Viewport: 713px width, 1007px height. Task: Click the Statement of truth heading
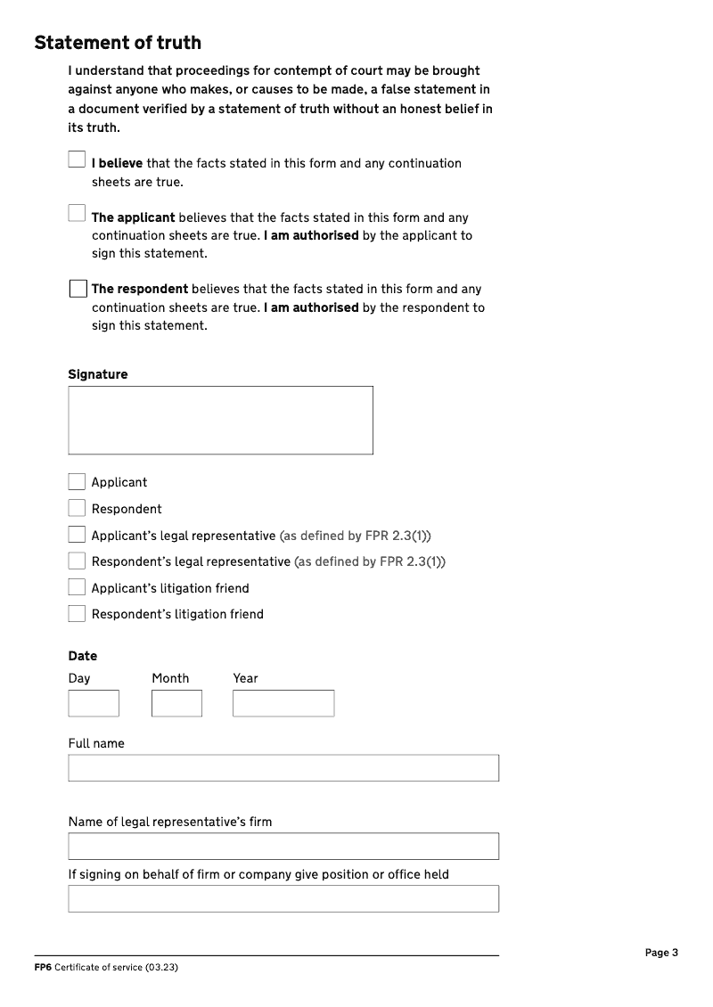[x=118, y=43]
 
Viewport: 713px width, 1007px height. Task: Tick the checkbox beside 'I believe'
[x=77, y=159]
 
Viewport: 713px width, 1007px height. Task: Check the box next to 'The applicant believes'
[x=77, y=213]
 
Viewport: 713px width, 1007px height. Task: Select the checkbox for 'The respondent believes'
[x=78, y=290]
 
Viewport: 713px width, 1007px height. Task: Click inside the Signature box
[x=220, y=420]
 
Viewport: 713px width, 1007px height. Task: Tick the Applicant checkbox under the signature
[x=77, y=482]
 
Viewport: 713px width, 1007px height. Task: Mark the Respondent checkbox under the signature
[x=77, y=508]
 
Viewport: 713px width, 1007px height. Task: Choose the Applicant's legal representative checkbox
[x=77, y=535]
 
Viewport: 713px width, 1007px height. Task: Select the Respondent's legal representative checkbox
[x=77, y=561]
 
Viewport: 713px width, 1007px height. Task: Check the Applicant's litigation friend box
[x=77, y=587]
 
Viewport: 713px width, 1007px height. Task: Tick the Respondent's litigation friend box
[x=77, y=614]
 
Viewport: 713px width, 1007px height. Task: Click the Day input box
[x=94, y=703]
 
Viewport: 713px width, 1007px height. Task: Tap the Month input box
[x=176, y=703]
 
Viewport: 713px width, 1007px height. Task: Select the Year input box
[x=283, y=703]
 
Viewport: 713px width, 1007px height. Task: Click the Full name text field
[x=283, y=768]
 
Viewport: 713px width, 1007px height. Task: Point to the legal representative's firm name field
[x=283, y=846]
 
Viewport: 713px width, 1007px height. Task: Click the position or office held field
[x=283, y=898]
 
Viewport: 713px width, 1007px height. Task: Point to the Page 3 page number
[x=661, y=953]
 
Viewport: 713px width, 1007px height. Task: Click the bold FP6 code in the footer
[x=43, y=968]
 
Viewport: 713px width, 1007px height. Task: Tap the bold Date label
[x=83, y=656]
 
